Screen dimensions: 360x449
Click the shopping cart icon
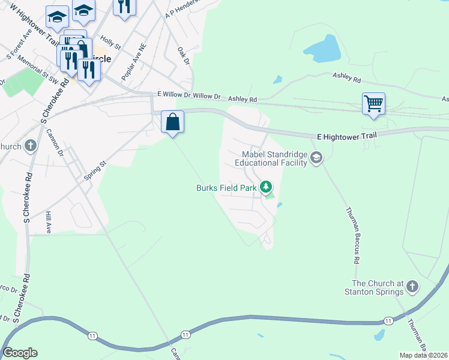point(373,103)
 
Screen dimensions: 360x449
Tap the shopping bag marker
point(173,122)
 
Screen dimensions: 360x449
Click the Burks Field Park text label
point(226,188)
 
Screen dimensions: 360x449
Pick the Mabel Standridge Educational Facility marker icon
point(316,158)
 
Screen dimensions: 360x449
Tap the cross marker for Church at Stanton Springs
point(412,287)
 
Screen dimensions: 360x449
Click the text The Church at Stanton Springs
point(378,287)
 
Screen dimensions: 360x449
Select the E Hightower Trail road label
point(346,136)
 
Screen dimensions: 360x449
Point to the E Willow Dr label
point(176,95)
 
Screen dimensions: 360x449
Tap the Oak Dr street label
point(184,56)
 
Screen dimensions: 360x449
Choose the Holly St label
point(111,43)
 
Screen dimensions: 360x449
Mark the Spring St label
point(95,171)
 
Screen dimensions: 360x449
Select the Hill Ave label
point(49,221)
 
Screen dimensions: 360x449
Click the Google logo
point(20,353)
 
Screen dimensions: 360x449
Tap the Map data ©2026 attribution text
point(423,355)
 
